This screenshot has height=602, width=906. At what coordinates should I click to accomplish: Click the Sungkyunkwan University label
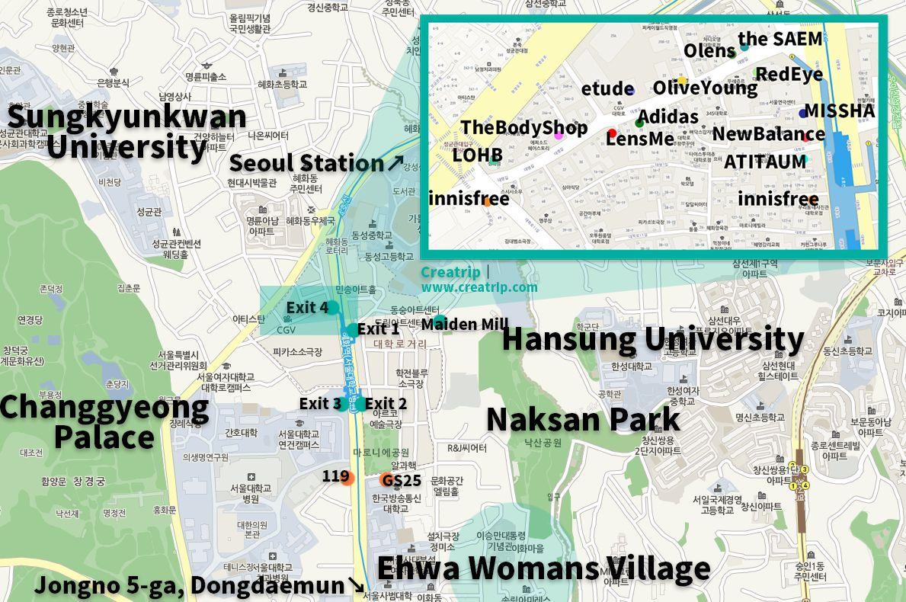tap(126, 130)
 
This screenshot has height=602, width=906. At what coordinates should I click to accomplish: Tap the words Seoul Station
tap(306, 163)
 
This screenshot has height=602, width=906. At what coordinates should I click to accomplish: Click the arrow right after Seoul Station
tap(395, 162)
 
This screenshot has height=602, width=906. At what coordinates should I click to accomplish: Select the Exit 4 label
tap(307, 308)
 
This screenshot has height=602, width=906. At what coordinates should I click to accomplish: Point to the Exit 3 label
tap(320, 404)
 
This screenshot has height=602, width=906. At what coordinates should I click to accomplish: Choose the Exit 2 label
tap(386, 404)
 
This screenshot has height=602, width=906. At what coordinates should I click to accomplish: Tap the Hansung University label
tap(652, 339)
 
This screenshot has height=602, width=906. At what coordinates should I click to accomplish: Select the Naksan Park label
tap(583, 420)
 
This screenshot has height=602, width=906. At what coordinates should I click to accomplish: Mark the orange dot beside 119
tap(347, 478)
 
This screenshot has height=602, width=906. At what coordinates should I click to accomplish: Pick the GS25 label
tap(402, 480)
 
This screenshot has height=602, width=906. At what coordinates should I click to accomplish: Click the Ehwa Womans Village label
tap(543, 568)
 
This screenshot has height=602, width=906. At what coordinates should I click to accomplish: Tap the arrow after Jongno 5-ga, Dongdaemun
tap(356, 585)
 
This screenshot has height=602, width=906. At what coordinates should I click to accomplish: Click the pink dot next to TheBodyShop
tap(559, 136)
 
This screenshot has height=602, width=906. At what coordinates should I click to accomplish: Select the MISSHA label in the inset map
tap(840, 110)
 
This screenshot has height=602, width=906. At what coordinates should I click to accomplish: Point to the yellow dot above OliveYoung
tap(682, 81)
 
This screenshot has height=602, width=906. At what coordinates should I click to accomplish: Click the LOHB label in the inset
tap(478, 155)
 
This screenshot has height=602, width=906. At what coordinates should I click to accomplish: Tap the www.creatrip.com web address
tap(479, 287)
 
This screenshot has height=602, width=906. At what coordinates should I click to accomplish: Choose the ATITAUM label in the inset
tap(765, 162)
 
